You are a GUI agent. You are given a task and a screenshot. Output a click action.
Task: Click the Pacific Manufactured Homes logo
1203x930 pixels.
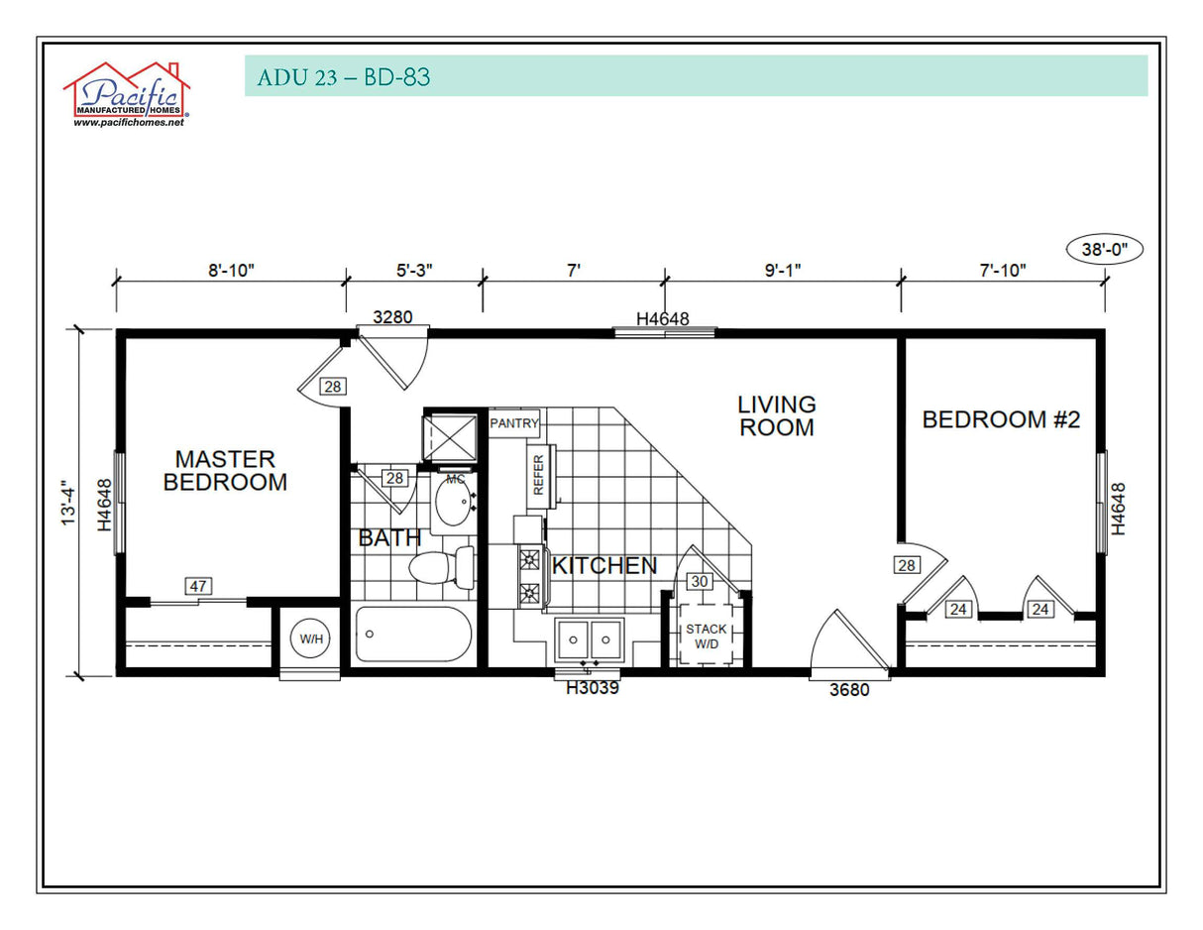pos(127,94)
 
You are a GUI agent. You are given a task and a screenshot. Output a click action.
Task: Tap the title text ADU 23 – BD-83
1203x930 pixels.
pos(344,76)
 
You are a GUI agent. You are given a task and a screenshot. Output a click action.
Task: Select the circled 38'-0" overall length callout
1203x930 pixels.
pos(1104,250)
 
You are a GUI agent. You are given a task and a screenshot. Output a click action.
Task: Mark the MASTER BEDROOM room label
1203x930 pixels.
pos(225,471)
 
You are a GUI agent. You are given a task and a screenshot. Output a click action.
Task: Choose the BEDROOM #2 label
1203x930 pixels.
pos(1001,419)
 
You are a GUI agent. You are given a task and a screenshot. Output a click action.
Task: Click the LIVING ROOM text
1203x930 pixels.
pos(777,416)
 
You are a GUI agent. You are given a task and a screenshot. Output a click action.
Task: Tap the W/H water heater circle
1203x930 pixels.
pos(311,639)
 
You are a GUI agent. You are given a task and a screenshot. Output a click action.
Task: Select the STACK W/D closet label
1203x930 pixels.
pos(706,637)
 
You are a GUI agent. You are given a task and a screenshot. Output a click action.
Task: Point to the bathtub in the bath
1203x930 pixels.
pos(413,635)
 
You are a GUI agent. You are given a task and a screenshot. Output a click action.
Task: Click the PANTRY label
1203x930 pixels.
pos(514,423)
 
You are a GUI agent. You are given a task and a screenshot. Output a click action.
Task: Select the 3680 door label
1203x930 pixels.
pos(849,690)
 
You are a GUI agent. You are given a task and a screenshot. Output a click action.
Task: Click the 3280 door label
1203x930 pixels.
pos(391,317)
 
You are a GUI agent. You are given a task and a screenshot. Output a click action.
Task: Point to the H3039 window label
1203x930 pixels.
pos(593,688)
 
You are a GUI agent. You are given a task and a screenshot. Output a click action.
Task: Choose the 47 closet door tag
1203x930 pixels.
pos(198,586)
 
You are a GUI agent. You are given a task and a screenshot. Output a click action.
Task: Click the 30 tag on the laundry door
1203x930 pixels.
pos(700,582)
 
